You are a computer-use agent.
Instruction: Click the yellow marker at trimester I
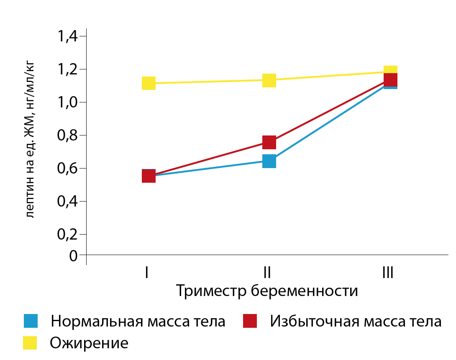point(149,83)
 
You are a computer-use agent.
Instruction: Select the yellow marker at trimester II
point(269,80)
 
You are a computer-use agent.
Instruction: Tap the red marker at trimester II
point(269,142)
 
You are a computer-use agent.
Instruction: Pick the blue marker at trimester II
point(269,161)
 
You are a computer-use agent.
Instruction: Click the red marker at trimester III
point(390,79)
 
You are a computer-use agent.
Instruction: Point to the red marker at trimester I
point(149,176)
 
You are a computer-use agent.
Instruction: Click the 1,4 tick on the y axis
point(68,36)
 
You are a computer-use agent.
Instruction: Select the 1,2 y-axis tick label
point(68,69)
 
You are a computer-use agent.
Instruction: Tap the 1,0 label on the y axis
point(68,102)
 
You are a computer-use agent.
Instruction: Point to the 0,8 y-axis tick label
point(68,135)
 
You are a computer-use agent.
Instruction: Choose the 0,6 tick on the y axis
point(68,169)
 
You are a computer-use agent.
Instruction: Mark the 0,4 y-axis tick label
point(68,202)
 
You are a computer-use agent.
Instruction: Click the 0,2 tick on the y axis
point(68,235)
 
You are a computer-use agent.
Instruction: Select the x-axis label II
point(267,273)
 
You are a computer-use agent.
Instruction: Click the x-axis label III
point(388,273)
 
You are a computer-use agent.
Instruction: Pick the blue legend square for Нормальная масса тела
point(31,321)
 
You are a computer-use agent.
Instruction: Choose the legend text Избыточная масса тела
point(356,322)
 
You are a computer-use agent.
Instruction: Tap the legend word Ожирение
point(89,343)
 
